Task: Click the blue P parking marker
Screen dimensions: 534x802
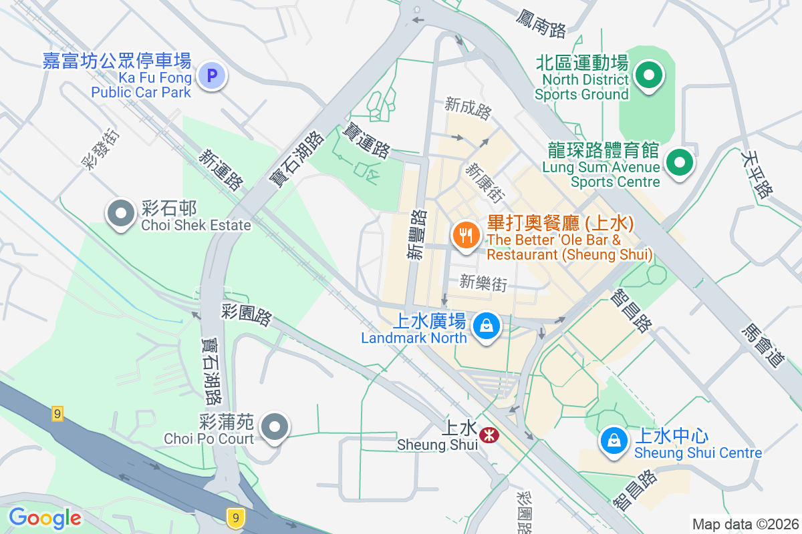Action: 213,76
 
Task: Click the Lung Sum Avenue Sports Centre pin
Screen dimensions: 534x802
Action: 680,162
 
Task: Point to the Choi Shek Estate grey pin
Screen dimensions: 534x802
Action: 121,214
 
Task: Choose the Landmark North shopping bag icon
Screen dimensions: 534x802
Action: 487,326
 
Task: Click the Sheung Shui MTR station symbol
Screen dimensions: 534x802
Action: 489,435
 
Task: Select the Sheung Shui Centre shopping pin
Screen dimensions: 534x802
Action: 612,440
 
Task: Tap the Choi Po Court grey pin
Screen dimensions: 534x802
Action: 273,427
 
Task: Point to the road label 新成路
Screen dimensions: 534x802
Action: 468,109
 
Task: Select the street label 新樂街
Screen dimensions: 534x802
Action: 483,284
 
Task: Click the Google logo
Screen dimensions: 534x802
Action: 44,517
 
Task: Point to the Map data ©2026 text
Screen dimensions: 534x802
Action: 745,524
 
